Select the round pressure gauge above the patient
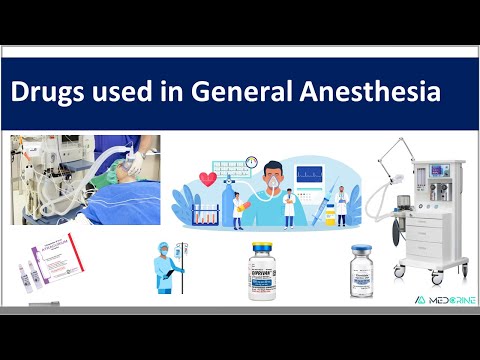tap(251, 162)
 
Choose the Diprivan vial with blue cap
tap(263, 271)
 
